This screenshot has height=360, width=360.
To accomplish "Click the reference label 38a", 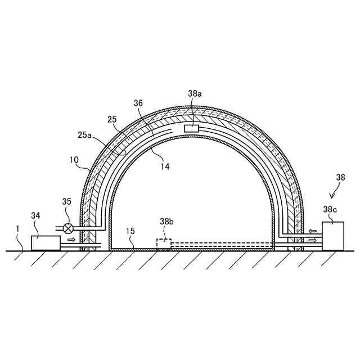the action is pyautogui.click(x=195, y=93).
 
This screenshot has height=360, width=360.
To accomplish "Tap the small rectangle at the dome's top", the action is pyautogui.click(x=191, y=128).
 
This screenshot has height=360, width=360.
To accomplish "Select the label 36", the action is pyautogui.click(x=138, y=103).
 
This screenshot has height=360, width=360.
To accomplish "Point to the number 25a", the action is pyautogui.click(x=84, y=135).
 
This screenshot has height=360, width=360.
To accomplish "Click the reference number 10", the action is pyautogui.click(x=74, y=160).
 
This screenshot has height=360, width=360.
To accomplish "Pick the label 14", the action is pyautogui.click(x=165, y=166).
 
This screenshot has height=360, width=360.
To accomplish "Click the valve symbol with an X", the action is pyautogui.click(x=68, y=228).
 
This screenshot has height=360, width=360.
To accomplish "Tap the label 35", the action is pyautogui.click(x=67, y=201).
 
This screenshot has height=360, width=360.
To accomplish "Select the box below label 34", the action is pyautogui.click(x=46, y=243).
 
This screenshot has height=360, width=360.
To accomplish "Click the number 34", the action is pyautogui.click(x=35, y=215).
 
